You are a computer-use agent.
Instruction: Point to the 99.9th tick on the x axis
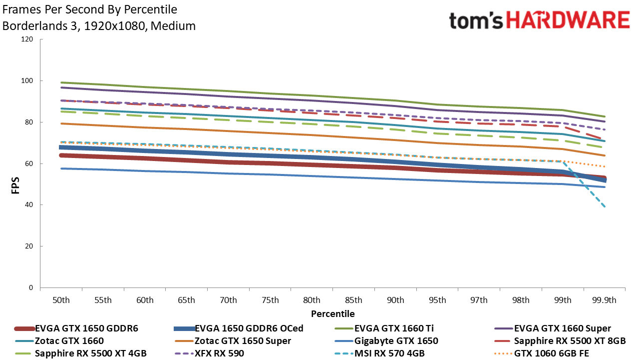pyautogui.click(x=604, y=300)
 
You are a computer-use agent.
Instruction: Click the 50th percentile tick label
pyautogui.click(x=61, y=300)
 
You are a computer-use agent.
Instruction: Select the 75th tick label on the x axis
pyautogui.click(x=270, y=300)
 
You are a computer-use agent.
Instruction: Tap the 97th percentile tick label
pyautogui.click(x=479, y=300)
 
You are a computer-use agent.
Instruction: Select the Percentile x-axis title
pyautogui.click(x=332, y=314)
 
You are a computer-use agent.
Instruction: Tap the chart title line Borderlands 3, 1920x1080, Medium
pyautogui.click(x=99, y=26)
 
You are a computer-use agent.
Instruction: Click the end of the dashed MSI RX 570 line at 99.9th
pyautogui.click(x=605, y=206)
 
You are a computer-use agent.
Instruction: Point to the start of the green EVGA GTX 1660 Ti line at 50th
pyautogui.click(x=61, y=82)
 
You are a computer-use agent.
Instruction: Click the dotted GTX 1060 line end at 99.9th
pyautogui.click(x=605, y=166)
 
